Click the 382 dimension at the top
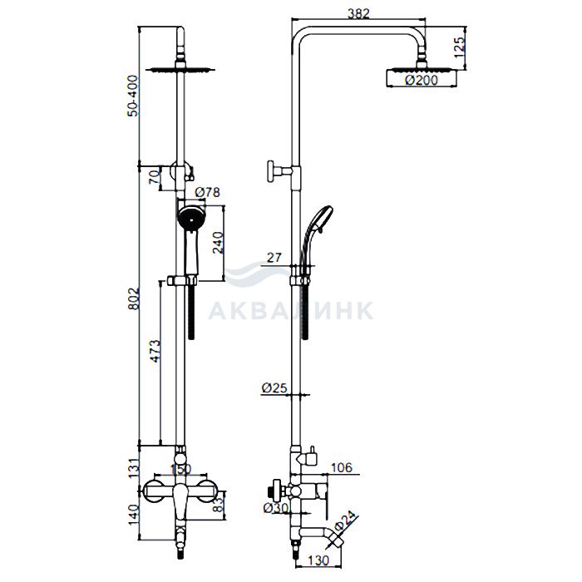tap(358, 13)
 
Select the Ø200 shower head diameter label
tap(422, 80)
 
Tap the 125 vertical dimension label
tap(459, 47)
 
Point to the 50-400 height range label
tap(132, 96)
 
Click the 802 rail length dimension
tap(133, 298)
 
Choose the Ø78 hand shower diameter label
tap(208, 192)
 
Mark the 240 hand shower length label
tap(218, 243)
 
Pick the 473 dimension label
tap(155, 350)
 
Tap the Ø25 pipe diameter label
tap(274, 388)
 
